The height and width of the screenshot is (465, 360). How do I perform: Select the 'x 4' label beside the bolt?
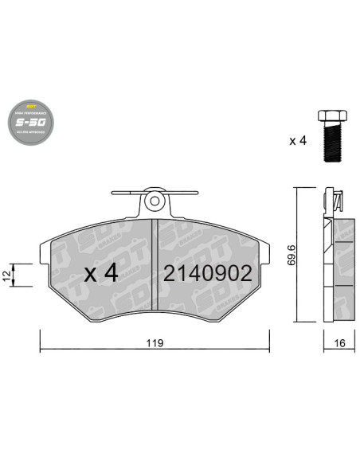point(297,141)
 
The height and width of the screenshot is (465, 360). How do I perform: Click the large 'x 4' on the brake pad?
point(101,273)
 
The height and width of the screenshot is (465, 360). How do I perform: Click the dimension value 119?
point(154,343)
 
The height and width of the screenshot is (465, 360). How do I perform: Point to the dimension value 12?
point(7,275)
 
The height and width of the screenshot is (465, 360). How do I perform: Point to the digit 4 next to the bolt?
point(302,141)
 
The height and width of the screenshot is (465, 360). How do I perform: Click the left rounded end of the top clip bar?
point(111,193)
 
